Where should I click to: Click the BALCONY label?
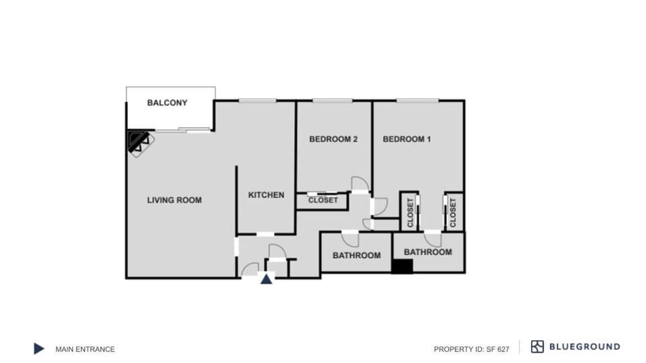[x=167, y=103]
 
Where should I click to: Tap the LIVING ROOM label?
[x=174, y=200]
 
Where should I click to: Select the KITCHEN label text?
[x=266, y=195]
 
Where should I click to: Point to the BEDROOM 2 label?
[x=333, y=139]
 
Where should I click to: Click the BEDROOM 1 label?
[x=406, y=139]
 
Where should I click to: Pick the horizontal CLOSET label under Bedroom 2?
[x=323, y=200]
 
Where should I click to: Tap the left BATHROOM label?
[x=356, y=255]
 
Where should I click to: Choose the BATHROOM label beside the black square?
[x=427, y=252]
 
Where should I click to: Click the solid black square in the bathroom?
[x=402, y=266]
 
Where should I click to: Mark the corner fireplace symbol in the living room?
[x=140, y=142]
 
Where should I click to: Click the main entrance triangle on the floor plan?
[x=266, y=279]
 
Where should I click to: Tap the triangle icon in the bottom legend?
[x=39, y=348]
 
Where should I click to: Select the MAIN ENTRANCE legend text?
[x=85, y=349]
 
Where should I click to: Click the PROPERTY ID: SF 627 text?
[x=471, y=349]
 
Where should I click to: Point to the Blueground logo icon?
[x=537, y=347]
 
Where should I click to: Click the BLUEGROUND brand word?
[x=585, y=347]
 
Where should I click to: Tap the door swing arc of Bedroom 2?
[x=360, y=184]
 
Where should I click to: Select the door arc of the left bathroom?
[x=351, y=239]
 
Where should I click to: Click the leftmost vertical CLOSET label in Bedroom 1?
[x=410, y=212]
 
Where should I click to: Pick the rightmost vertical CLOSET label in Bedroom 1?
[x=453, y=212]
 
